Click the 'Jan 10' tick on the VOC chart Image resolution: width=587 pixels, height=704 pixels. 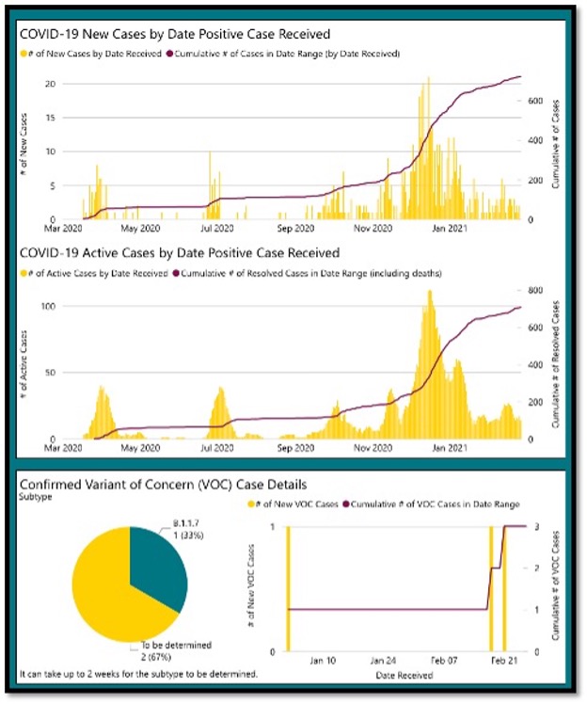tap(322, 660)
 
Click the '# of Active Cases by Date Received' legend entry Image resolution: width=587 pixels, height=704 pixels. tap(93, 273)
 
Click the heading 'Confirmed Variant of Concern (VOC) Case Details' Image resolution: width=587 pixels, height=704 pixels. tap(163, 485)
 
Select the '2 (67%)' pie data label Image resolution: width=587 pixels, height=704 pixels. tap(154, 655)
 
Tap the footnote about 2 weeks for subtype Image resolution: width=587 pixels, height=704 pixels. tap(137, 675)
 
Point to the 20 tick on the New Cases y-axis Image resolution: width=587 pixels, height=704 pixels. tap(45, 84)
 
